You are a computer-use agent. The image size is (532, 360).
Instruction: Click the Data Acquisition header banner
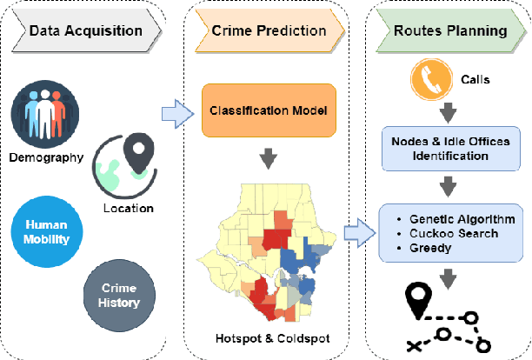(x=86, y=30)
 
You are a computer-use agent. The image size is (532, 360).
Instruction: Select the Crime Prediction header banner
(x=269, y=30)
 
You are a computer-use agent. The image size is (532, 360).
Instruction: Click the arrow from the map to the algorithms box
(x=356, y=232)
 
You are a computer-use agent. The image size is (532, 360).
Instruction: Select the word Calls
(x=476, y=80)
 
